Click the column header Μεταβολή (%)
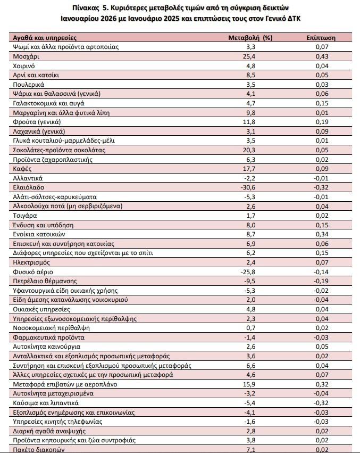point(250,38)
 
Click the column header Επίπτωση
point(321,38)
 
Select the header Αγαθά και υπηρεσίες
point(45,38)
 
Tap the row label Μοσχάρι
point(26,56)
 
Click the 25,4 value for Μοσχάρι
point(249,56)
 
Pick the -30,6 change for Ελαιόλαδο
point(248,187)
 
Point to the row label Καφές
point(22,169)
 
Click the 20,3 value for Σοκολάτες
point(249,150)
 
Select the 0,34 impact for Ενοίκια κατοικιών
point(322,234)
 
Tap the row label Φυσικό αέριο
point(33,272)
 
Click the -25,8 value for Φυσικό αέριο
point(248,272)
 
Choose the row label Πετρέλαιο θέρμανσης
point(45,281)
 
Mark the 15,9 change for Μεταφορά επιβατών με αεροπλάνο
point(249,384)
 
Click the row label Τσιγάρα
point(25,216)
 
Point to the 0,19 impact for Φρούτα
point(322,122)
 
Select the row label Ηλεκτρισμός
point(31,262)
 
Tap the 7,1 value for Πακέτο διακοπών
point(251,450)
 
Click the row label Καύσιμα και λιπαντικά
point(46,403)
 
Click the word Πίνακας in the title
point(83,7)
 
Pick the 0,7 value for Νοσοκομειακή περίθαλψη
point(251,328)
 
